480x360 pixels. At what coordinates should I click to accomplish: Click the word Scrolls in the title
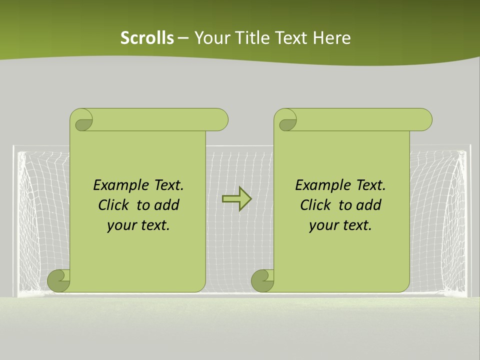click(147, 38)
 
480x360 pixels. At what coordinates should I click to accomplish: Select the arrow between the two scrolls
click(236, 199)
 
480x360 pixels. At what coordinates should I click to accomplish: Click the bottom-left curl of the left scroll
click(58, 280)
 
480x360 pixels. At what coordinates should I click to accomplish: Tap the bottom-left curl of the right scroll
click(262, 280)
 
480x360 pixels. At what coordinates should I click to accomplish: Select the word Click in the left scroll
click(113, 205)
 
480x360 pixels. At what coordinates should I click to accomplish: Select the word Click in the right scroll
click(315, 205)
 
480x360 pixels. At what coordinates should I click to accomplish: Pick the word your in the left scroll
click(120, 225)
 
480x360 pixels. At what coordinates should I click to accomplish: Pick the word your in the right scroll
click(322, 225)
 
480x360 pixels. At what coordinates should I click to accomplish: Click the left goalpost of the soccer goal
click(14, 220)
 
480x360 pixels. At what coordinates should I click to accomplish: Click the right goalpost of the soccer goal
click(468, 220)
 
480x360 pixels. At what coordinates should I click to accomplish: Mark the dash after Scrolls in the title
click(183, 38)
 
